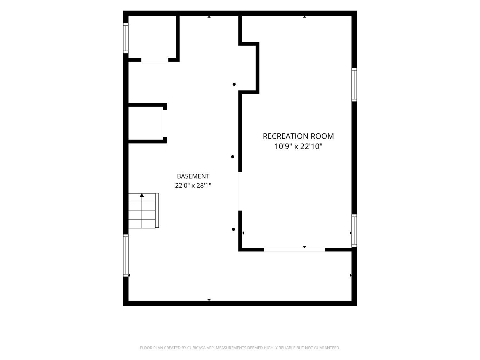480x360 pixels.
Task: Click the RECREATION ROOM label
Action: point(298,136)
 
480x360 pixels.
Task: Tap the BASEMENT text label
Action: point(193,176)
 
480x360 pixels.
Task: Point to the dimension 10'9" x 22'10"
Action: point(298,147)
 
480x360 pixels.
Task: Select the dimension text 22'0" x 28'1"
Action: point(193,186)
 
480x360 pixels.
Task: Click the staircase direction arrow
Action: point(142,195)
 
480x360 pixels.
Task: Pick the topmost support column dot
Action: point(234,84)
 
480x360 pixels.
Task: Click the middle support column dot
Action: point(232,157)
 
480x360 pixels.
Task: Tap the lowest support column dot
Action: point(233,229)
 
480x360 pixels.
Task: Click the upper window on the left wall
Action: point(126,38)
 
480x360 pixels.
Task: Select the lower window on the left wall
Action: point(126,255)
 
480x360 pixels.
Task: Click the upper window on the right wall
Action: point(354,85)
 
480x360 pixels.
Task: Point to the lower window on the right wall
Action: point(354,231)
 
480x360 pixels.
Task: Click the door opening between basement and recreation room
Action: point(240,191)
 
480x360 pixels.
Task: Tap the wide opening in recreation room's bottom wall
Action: point(294,250)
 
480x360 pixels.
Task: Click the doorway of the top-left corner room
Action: point(155,60)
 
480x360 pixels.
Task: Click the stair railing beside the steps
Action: point(157,210)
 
